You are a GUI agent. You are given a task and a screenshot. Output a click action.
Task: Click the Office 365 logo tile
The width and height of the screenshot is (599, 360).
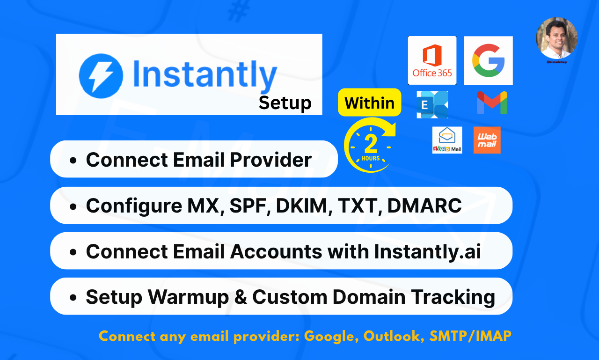pyautogui.click(x=432, y=60)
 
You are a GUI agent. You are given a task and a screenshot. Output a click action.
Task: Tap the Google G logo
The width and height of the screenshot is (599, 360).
pyautogui.click(x=488, y=60)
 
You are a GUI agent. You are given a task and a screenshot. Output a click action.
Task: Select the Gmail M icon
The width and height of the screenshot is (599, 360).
pyautogui.click(x=492, y=103)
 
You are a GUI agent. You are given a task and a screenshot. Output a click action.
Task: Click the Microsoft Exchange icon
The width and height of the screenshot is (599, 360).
pyautogui.click(x=432, y=105)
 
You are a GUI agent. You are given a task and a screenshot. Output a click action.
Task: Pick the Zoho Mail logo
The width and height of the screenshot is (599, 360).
pyautogui.click(x=447, y=140)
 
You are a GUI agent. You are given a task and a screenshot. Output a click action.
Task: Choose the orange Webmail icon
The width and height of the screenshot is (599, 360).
pyautogui.click(x=487, y=140)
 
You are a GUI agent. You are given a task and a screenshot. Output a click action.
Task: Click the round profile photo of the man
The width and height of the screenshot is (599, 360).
pyautogui.click(x=556, y=38)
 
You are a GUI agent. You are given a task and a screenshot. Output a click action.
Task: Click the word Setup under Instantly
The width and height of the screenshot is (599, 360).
pyautogui.click(x=285, y=103)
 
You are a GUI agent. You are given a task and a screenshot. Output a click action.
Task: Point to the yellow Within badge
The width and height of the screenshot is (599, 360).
pyautogui.click(x=369, y=103)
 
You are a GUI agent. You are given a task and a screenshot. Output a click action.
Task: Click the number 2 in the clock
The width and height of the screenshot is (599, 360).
pyautogui.click(x=371, y=145)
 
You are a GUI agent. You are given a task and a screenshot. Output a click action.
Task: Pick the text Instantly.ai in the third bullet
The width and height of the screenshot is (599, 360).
pyautogui.click(x=427, y=251)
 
